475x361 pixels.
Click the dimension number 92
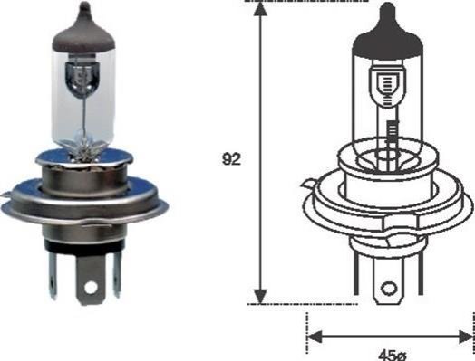coord(231,159)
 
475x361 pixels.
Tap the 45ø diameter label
coord(392,356)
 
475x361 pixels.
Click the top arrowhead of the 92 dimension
coord(260,9)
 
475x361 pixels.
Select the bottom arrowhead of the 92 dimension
coord(260,296)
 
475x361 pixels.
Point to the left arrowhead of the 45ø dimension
coord(315,337)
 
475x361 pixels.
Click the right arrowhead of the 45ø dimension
coord(467,337)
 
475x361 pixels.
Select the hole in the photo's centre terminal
coord(91,287)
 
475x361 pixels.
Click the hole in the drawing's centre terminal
coord(389,289)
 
